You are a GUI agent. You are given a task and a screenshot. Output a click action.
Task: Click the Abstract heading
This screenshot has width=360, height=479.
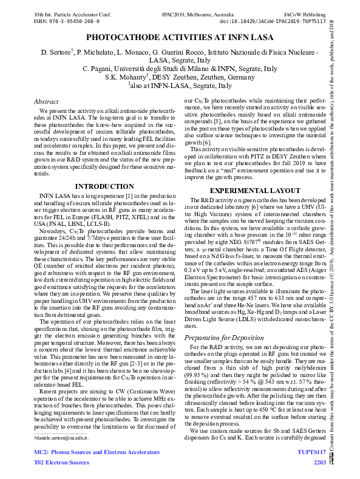click(x=46, y=101)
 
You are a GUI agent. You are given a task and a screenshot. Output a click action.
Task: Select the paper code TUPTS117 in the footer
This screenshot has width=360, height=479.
click(x=311, y=453)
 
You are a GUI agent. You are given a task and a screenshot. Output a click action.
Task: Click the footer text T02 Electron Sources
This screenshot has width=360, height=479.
click(x=60, y=463)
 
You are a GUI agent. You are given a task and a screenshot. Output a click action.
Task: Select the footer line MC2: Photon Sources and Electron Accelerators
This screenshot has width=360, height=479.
click(x=96, y=453)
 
